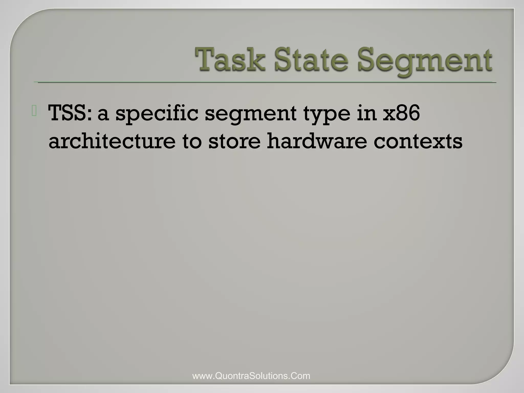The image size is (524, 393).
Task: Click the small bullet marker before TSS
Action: click(34, 112)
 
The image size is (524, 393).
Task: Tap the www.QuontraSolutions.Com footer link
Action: click(251, 376)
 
